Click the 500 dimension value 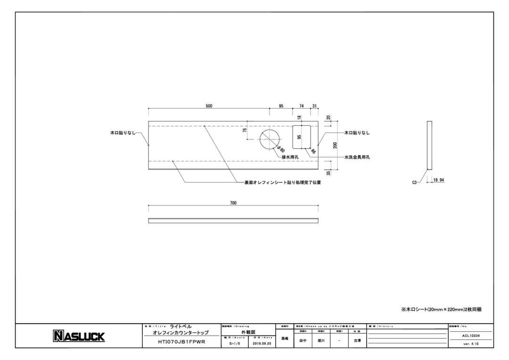pos(209,106)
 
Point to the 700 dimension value pos(233,203)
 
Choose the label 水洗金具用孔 pos(357,157)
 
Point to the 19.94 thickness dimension pos(438,180)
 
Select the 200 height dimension pos(335,145)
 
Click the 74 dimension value pos(302,106)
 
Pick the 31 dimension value pos(314,106)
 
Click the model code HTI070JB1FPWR pos(181,343)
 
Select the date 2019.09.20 pos(262,344)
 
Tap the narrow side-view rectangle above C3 pos(429,145)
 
